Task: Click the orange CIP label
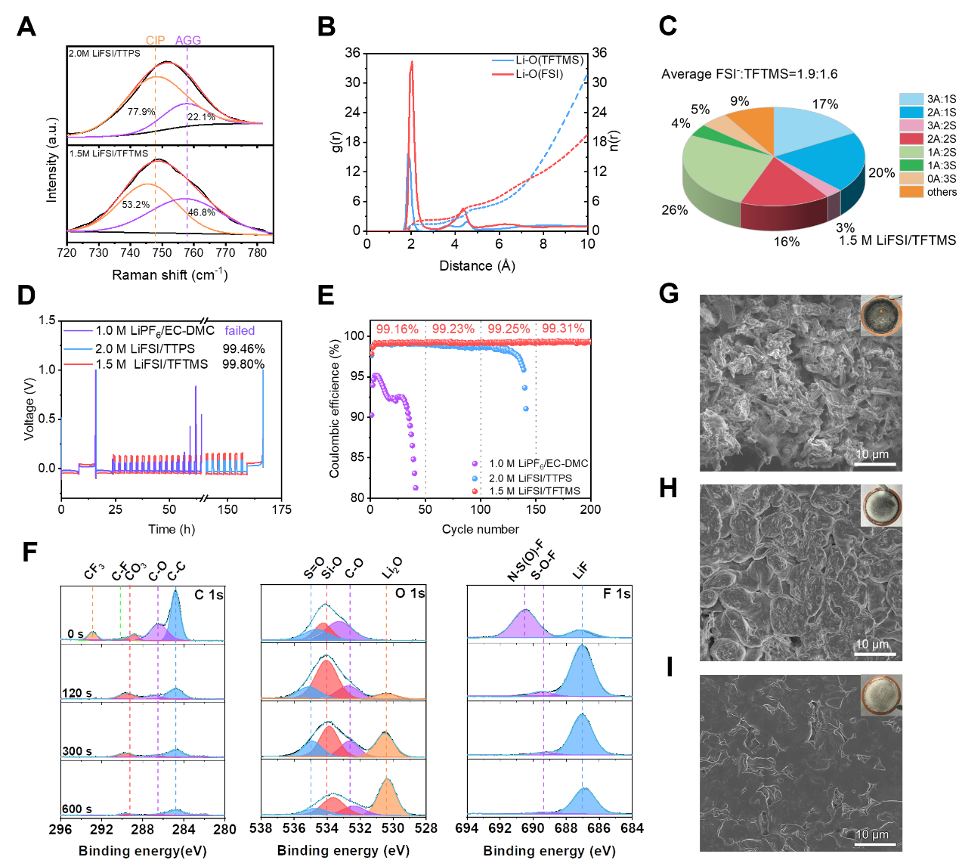click(x=156, y=41)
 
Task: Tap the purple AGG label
click(x=188, y=41)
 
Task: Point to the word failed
click(x=240, y=331)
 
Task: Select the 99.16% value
click(x=397, y=329)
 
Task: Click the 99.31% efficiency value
click(x=563, y=329)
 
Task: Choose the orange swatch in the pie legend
click(x=911, y=191)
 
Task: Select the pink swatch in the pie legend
click(x=911, y=125)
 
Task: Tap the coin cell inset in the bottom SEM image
click(x=881, y=695)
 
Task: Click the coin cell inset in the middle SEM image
click(x=881, y=505)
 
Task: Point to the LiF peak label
click(x=580, y=571)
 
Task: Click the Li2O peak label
click(x=392, y=568)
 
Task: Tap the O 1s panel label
click(x=410, y=594)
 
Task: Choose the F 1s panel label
click(x=617, y=594)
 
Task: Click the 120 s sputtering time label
click(x=76, y=694)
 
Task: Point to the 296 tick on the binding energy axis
click(x=60, y=829)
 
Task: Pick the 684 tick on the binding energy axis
click(x=632, y=828)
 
